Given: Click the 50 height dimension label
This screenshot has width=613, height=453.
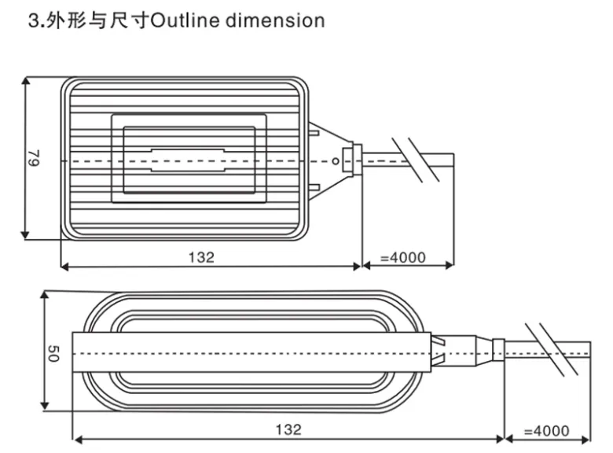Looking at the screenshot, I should [52, 355].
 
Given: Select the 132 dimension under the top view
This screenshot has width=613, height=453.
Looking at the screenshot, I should [201, 257].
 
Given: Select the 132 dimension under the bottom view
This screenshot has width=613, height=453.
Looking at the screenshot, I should [288, 429].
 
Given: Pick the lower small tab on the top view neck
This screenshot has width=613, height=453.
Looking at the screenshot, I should [314, 188].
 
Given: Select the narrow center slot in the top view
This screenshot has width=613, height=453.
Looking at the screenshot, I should [189, 160].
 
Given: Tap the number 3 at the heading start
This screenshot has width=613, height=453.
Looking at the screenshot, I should [32, 20].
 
